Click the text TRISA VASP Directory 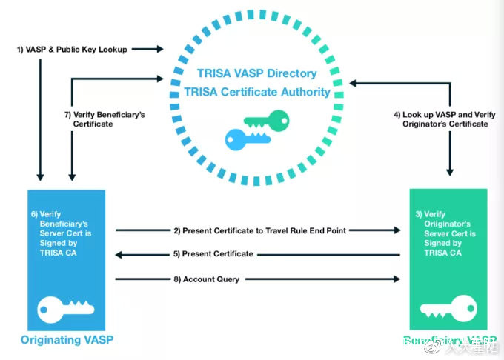(257, 74)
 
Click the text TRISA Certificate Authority (257, 92)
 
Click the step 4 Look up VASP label (441, 119)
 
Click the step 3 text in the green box (445, 232)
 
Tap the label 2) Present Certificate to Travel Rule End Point (259, 230)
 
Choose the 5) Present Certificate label (213, 254)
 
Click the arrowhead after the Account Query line (397, 279)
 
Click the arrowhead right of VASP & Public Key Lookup (159, 50)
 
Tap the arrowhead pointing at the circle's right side (354, 84)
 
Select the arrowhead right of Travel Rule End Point (397, 230)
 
